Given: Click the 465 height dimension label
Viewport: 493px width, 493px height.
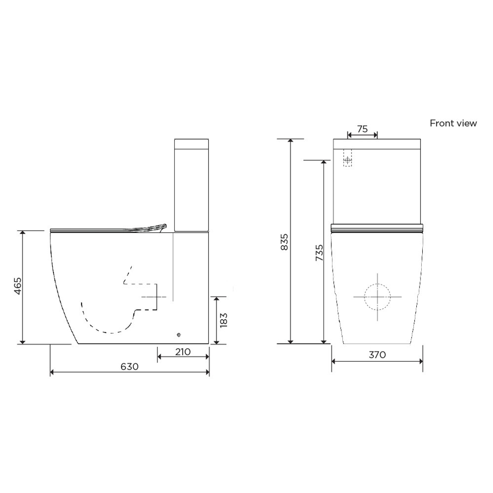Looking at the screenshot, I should point(17,286).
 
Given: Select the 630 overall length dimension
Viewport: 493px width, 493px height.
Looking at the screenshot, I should point(130,367).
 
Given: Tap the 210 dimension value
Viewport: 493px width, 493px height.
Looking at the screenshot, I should point(183,352).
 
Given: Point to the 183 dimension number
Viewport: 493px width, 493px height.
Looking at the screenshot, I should point(224,320).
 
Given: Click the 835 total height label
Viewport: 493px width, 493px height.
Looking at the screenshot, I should point(284,242).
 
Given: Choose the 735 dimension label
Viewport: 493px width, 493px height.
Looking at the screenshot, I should point(319,252).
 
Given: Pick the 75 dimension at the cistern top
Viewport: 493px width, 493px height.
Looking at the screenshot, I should point(362,129).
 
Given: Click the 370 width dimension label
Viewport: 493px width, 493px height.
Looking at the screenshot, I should point(378,354).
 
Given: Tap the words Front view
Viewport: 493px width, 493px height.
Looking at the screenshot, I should point(453,123).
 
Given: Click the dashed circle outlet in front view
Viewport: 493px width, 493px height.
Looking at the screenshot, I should point(378,297).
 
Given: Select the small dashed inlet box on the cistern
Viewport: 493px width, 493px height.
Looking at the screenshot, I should point(348,160).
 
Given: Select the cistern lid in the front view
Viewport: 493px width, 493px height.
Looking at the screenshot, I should point(378,144).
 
